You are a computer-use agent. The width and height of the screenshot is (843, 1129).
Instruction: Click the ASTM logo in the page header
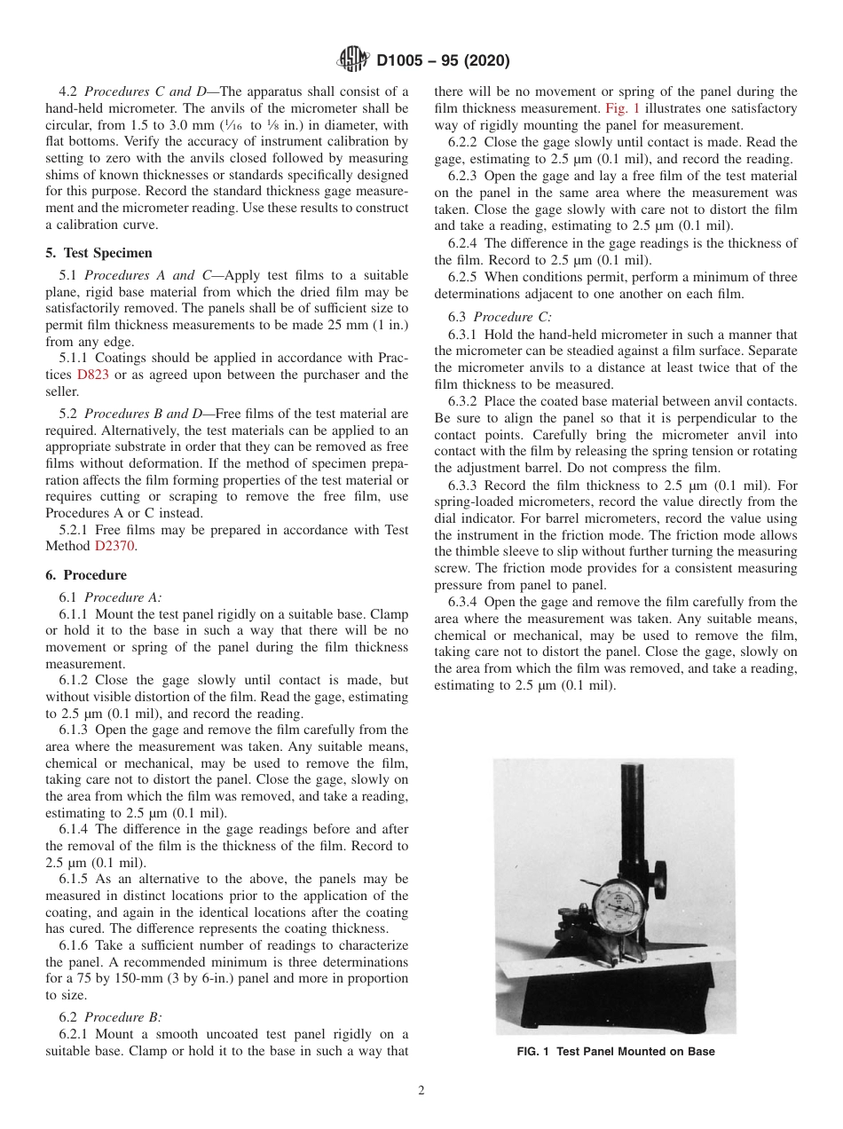[355, 60]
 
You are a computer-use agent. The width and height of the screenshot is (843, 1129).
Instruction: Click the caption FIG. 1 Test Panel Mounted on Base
[615, 1052]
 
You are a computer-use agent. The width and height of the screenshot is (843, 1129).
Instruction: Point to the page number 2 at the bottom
[421, 1091]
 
